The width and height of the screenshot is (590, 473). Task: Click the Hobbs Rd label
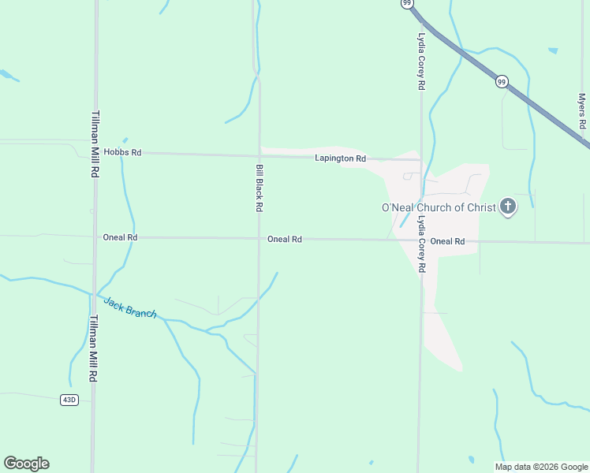coord(125,152)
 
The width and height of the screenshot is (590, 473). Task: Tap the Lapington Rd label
coord(340,158)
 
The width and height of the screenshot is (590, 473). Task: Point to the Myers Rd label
coord(582,111)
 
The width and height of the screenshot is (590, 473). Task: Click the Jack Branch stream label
coord(130,307)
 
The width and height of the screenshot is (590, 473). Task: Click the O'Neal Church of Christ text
coord(438,207)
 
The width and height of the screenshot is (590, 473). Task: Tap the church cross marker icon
coord(508,207)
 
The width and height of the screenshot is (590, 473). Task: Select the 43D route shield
coord(69,400)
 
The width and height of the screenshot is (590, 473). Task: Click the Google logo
coord(26,464)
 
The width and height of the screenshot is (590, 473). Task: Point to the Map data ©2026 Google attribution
coord(541,467)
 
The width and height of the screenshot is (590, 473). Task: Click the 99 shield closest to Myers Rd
coord(501,81)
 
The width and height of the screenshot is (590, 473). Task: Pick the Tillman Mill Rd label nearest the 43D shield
coord(92,348)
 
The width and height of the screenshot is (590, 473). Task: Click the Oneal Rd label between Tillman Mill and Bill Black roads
coord(120,236)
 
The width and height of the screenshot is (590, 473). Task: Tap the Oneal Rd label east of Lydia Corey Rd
coord(447,241)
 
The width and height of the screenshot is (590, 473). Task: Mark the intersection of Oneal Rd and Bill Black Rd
coord(259,238)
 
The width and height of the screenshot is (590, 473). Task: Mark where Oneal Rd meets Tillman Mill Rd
coord(95,236)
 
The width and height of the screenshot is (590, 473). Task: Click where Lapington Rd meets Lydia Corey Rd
coord(421,160)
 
